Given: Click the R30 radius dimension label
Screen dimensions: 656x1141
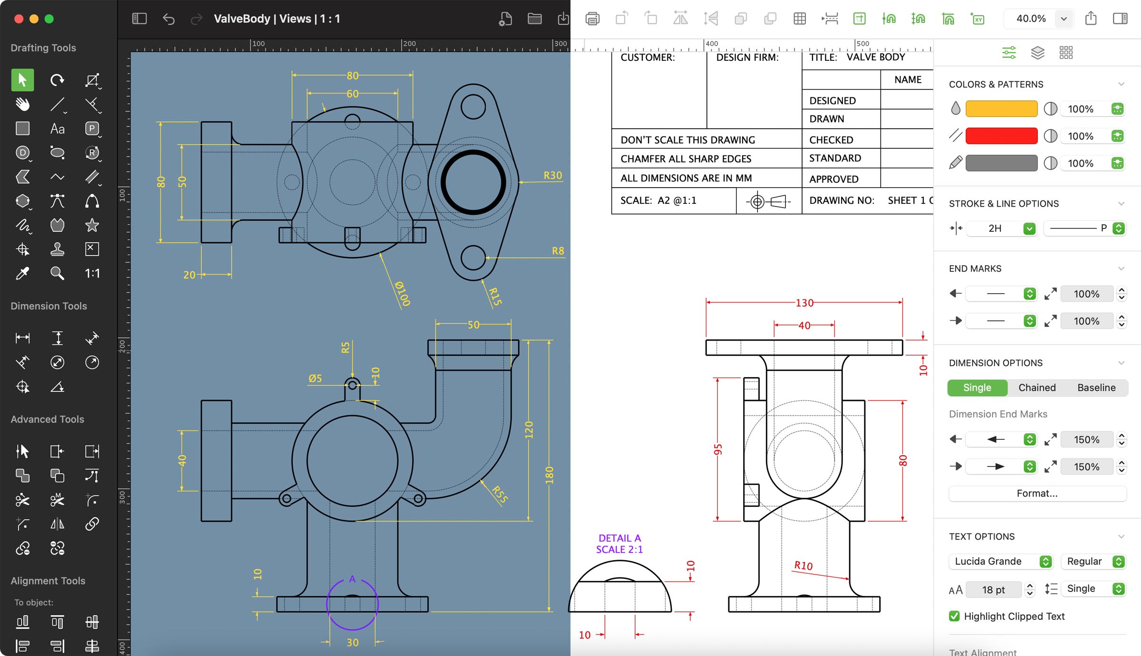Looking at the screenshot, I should (x=552, y=175).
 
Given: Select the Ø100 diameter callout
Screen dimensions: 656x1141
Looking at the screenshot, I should (x=402, y=293).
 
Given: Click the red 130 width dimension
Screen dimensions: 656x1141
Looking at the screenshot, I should (x=804, y=303).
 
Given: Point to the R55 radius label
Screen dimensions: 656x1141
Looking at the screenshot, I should (x=500, y=494).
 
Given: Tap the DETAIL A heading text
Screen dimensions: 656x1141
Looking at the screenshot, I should (x=619, y=538).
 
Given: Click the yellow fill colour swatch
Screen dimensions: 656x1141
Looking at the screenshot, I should (x=1001, y=109).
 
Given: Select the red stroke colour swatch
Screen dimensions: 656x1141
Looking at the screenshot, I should (x=1001, y=136).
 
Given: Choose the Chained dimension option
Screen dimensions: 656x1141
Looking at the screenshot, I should (x=1037, y=388).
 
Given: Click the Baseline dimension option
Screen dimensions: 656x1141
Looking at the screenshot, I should (x=1096, y=388).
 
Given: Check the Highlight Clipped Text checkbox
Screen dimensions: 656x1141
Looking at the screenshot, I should (x=954, y=616).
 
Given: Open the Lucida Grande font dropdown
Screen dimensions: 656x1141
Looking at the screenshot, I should (x=1001, y=561).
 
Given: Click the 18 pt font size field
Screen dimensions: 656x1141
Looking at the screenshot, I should (x=993, y=589).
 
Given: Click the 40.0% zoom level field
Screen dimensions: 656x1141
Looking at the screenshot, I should (x=1031, y=19).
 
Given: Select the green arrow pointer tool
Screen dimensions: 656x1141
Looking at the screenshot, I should (x=22, y=80).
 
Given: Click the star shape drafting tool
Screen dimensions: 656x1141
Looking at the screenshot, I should (x=92, y=225).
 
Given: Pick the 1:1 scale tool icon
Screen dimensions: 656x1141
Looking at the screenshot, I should (x=92, y=273).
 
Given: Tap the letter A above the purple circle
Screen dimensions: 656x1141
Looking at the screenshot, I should (x=352, y=579).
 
